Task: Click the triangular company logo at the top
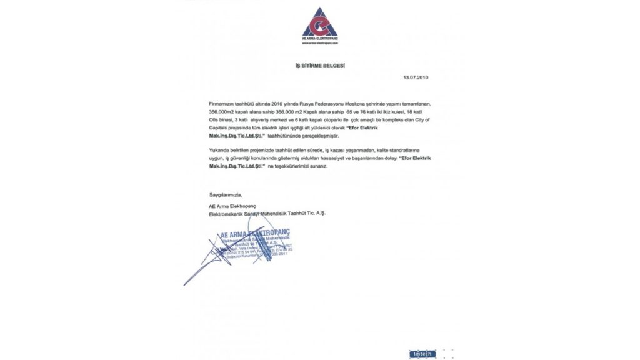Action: (x=319, y=22)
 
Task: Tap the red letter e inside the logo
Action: (x=320, y=25)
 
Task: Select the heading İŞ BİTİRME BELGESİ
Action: (x=320, y=65)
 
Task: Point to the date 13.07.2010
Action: (x=416, y=77)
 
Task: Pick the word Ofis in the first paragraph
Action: (x=214, y=118)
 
